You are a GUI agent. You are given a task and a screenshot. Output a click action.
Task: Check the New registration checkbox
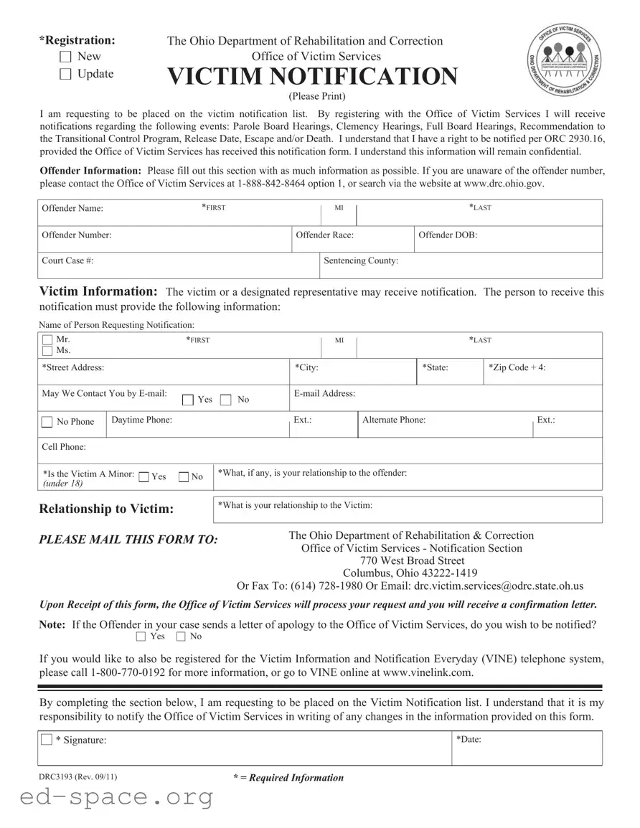click(65, 56)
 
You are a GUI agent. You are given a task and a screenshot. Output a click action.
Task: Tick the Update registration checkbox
click(65, 74)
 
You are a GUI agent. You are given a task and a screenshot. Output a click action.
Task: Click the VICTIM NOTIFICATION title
click(312, 76)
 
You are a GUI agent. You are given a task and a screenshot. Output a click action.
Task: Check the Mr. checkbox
click(47, 339)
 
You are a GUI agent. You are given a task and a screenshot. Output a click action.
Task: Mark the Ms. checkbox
click(47, 351)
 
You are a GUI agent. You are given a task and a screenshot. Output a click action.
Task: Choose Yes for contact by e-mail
click(188, 400)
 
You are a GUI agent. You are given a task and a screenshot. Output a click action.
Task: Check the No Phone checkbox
click(47, 422)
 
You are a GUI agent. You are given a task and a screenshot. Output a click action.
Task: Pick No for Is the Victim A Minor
click(184, 477)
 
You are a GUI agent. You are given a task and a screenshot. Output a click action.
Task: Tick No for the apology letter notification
click(181, 636)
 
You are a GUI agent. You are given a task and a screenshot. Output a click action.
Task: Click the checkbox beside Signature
click(47, 740)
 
